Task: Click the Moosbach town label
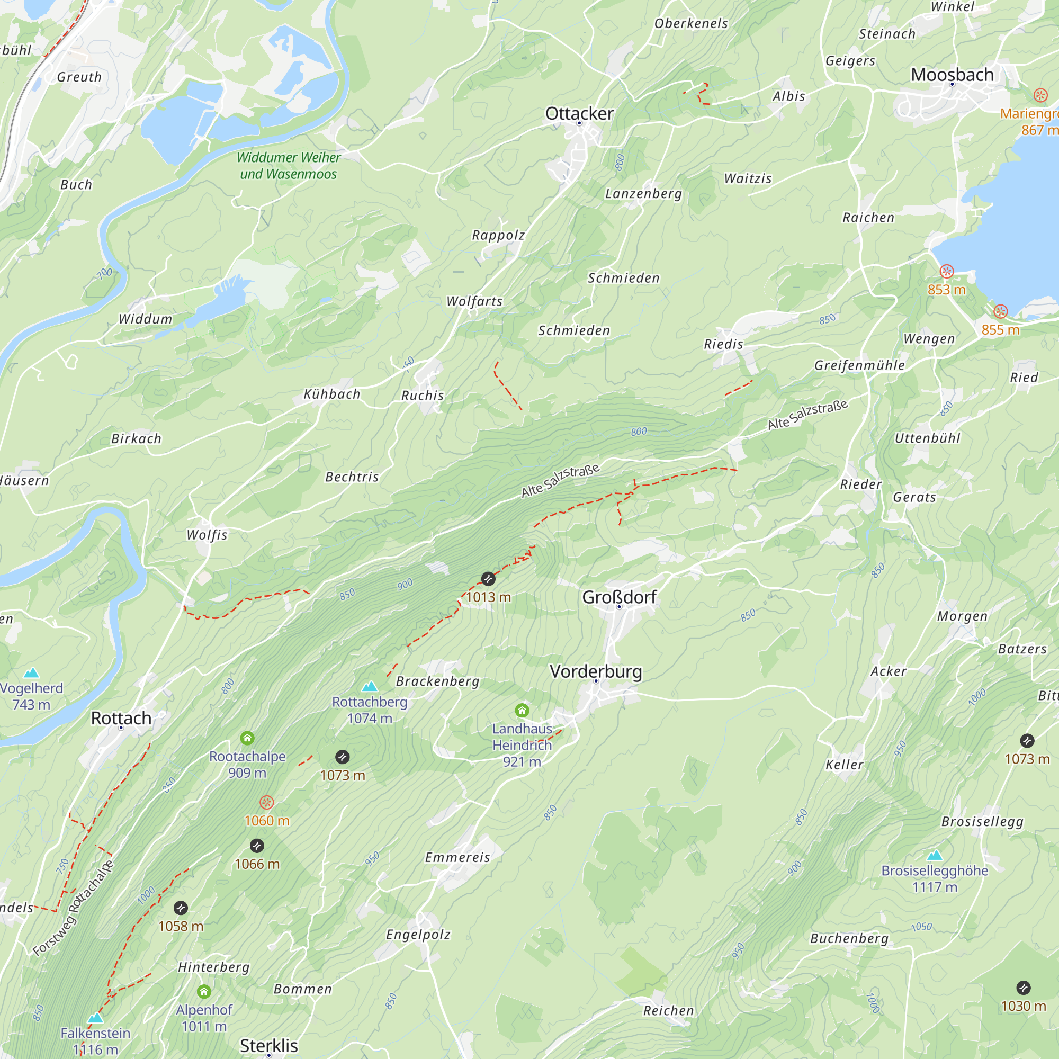coord(952,75)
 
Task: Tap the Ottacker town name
coord(579,113)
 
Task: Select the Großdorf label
coord(619,597)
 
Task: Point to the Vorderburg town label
coord(595,671)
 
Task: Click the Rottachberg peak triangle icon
coord(370,686)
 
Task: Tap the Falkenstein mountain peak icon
coord(95,1018)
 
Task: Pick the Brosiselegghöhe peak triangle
coord(935,855)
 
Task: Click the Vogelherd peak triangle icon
coord(31,672)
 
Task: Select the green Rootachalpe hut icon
coord(247,738)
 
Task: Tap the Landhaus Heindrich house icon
coord(522,711)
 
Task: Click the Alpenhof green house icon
coord(204,991)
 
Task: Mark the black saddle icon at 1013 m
coord(488,578)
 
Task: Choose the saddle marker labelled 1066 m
coord(256,846)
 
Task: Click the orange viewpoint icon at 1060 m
coord(266,803)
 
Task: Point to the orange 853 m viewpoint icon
coord(947,271)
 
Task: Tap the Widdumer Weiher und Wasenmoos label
coord(289,166)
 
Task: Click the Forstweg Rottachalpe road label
coord(73,908)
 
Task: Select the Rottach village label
coord(121,718)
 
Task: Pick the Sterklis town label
coord(268,1045)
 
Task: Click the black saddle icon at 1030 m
coord(1024,988)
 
